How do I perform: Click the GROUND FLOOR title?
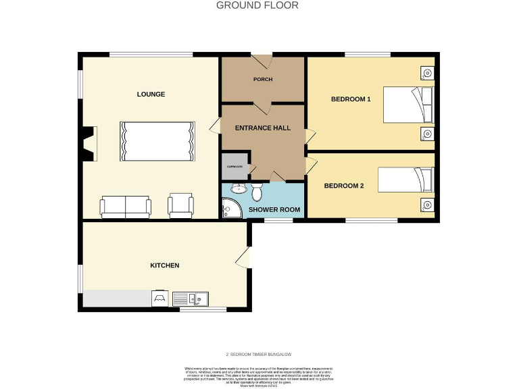(257, 5)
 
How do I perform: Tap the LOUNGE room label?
(151, 94)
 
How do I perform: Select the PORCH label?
(263, 80)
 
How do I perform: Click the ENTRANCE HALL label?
(263, 128)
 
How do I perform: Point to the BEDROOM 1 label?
(351, 99)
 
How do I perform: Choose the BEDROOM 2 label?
(344, 186)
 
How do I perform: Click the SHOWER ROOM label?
(274, 209)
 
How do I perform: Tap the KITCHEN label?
(164, 265)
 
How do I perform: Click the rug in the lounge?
(157, 141)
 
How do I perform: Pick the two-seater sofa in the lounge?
(126, 207)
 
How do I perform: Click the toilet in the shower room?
(257, 193)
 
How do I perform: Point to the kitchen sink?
(191, 297)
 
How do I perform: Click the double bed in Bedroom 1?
(407, 105)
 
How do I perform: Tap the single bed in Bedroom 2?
(404, 180)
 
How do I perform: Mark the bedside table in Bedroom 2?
(426, 205)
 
